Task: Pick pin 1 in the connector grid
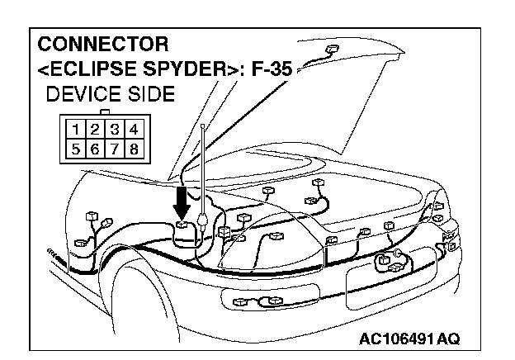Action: point(76,129)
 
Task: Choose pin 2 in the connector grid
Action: point(95,129)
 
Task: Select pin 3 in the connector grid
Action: point(115,129)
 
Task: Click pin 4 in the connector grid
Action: point(134,129)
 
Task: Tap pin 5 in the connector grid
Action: point(76,149)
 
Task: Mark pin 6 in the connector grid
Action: point(95,149)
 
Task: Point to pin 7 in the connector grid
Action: point(115,149)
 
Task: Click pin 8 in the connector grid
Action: point(134,149)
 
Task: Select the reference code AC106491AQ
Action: point(409,339)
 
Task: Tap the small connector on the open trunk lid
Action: point(332,50)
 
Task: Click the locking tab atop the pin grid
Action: point(105,112)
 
